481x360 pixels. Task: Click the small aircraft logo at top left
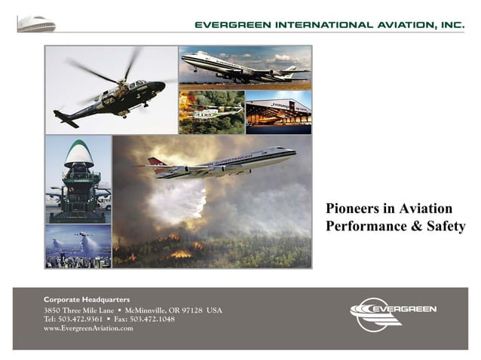point(37,24)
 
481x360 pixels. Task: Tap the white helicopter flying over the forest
point(207,113)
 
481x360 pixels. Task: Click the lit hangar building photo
point(278,112)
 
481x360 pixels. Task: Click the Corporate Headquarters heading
point(87,299)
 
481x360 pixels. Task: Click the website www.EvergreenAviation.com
point(89,328)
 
